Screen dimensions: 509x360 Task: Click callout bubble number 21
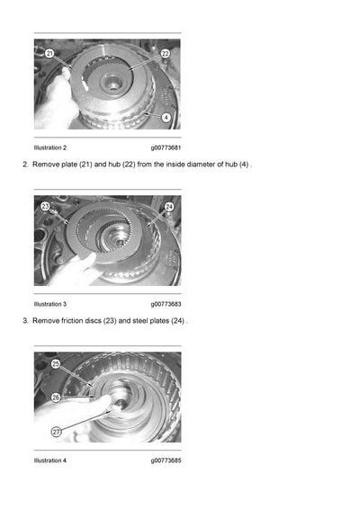(x=49, y=54)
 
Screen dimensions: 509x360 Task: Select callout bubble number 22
(x=166, y=54)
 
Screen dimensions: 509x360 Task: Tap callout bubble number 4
(x=166, y=116)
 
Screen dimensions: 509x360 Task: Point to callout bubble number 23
(x=46, y=207)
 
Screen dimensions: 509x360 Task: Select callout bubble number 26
(x=55, y=397)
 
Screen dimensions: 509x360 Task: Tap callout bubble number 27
(x=56, y=432)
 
